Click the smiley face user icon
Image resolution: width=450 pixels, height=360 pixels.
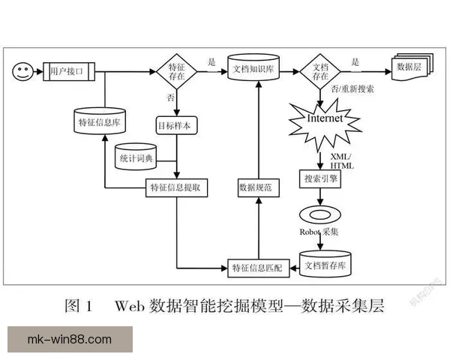tap(22, 71)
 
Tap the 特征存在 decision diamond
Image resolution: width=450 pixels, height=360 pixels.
tap(175, 71)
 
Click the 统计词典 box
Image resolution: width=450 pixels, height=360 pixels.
tap(136, 157)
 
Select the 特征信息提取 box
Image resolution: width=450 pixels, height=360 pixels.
tap(175, 187)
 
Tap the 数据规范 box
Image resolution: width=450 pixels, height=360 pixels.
tap(259, 187)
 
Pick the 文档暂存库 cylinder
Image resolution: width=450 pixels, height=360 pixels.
tap(325, 264)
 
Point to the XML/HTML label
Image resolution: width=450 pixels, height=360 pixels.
tap(347, 160)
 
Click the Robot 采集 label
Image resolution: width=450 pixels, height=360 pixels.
tap(319, 232)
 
